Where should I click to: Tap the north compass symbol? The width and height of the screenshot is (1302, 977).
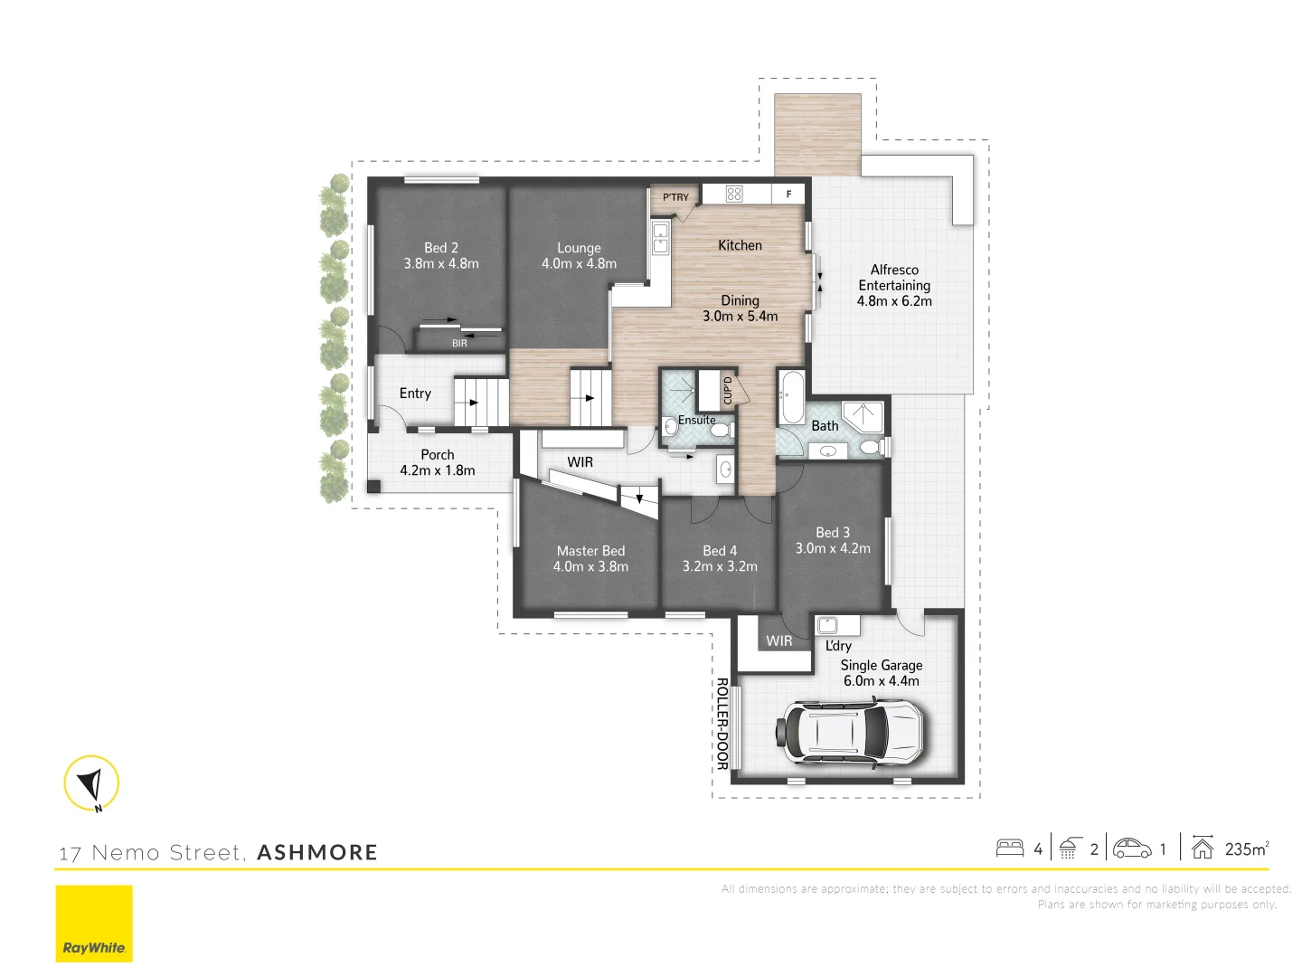(91, 783)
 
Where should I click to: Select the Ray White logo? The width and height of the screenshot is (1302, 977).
(94, 924)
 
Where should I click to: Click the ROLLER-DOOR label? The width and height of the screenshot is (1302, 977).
(722, 724)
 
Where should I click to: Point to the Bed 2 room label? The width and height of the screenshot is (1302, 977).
(441, 248)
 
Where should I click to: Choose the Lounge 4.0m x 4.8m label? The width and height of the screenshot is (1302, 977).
(579, 256)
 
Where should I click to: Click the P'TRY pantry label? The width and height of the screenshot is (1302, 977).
(675, 197)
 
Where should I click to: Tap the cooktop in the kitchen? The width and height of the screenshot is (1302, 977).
(734, 194)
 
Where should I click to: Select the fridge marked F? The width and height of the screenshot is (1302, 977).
(788, 194)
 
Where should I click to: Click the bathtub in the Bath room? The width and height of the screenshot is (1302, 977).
(792, 396)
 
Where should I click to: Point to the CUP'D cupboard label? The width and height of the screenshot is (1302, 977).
(728, 390)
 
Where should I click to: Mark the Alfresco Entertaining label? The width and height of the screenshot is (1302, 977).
(894, 285)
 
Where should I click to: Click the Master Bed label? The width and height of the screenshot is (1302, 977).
(590, 551)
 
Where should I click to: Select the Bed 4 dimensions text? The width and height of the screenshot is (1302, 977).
(720, 566)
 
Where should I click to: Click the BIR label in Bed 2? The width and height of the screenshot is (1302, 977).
(459, 343)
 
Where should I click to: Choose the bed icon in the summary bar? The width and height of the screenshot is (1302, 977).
(1009, 849)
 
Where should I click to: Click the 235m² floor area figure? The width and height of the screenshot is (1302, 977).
(1246, 849)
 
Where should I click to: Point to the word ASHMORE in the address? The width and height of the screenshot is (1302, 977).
(317, 852)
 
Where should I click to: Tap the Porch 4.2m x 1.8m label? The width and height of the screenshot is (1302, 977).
(438, 462)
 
